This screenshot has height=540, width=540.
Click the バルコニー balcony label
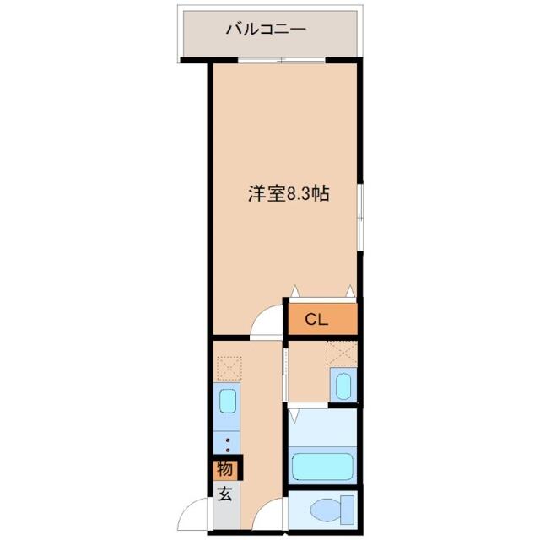266,29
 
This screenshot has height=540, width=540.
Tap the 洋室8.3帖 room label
289,193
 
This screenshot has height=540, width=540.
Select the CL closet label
316,320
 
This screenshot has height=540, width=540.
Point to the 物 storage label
224,469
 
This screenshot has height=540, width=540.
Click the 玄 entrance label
224,495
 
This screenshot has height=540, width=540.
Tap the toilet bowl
325,510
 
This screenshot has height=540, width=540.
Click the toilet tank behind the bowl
347,510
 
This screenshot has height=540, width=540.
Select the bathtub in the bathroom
322,466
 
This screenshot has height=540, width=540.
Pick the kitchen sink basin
228,401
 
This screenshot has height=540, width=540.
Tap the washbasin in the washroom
343,385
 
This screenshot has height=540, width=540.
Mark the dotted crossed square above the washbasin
342,354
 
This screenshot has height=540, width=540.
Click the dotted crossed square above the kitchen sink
229,368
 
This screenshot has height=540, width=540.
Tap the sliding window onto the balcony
282,60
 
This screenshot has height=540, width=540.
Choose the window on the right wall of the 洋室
359,218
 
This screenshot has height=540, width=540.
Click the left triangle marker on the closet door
294,291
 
